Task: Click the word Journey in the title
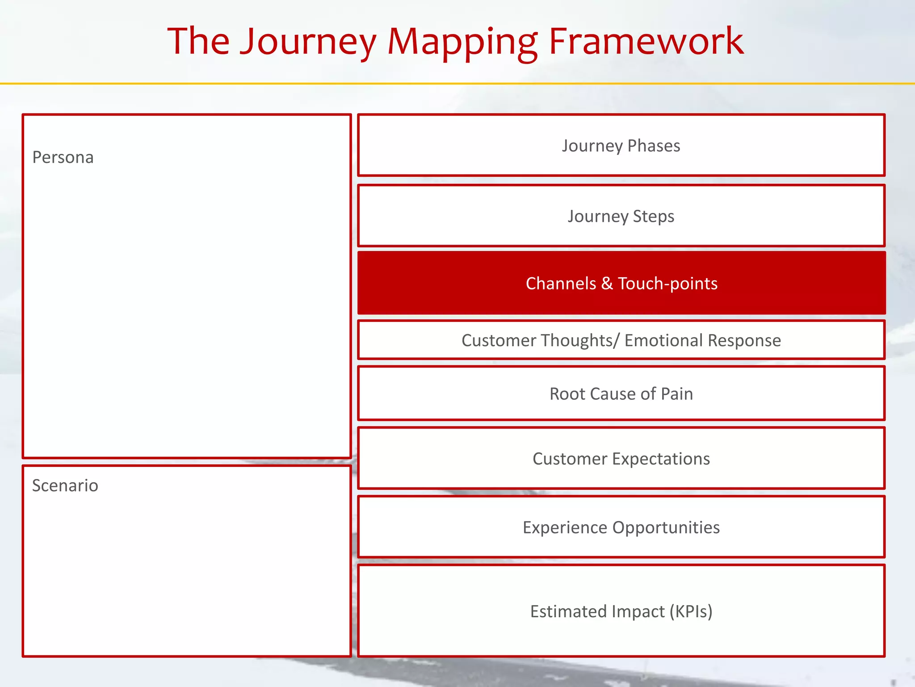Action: click(x=308, y=42)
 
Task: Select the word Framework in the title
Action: click(x=646, y=42)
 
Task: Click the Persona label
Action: click(x=63, y=157)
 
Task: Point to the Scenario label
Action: click(x=65, y=485)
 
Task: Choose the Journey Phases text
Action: click(x=621, y=146)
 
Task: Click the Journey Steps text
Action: click(x=621, y=216)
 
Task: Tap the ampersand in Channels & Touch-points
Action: click(x=607, y=284)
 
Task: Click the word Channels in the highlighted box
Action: click(x=561, y=284)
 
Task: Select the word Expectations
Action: click(x=661, y=459)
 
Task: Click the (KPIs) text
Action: click(x=691, y=611)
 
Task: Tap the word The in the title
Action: click(x=198, y=42)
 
